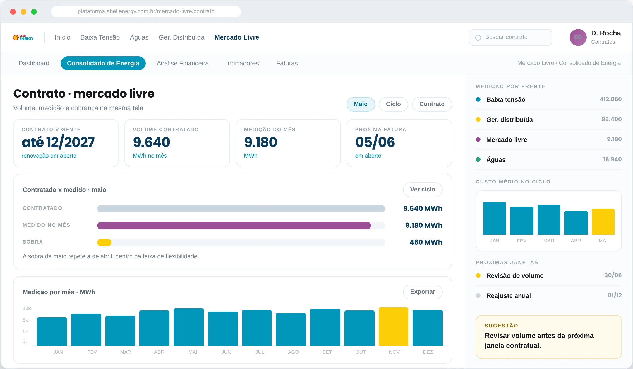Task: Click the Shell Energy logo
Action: point(23,37)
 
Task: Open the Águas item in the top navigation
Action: point(139,37)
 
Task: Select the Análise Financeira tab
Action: point(183,63)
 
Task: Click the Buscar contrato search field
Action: point(510,37)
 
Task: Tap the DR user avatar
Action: point(578,37)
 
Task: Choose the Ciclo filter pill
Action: point(393,104)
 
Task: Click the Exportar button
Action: point(423,292)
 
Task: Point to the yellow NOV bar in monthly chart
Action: point(394,327)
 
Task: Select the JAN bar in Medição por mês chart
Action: point(52,332)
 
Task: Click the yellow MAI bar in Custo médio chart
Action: point(603,222)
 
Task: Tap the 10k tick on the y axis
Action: point(27,308)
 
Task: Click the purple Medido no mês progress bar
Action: point(234,226)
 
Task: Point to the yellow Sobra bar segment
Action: point(104,242)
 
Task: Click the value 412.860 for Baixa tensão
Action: point(611,99)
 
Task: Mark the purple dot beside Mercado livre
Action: point(478,139)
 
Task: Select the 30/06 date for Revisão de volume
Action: point(613,275)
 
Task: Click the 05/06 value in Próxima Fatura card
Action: point(375,142)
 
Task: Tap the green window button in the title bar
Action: point(34,12)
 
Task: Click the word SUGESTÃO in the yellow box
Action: point(501,326)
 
